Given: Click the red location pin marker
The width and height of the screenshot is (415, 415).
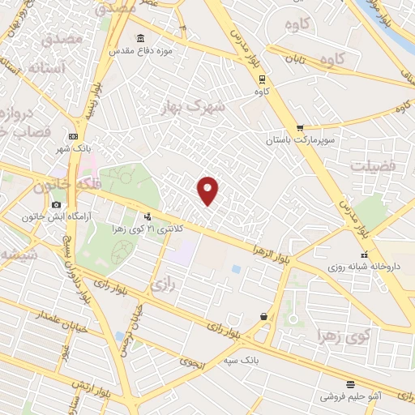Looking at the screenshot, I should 208,189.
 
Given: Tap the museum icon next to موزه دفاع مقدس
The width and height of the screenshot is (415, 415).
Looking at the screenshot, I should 141,39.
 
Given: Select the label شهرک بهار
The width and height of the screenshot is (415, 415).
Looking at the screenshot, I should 192,107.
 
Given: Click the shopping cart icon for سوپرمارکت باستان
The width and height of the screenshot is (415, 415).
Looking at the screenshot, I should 300,127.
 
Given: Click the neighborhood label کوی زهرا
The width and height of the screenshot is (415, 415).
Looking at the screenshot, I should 345,335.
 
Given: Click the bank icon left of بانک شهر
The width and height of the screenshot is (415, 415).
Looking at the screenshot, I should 74,136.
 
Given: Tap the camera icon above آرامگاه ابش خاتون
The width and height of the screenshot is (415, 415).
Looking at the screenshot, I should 56,204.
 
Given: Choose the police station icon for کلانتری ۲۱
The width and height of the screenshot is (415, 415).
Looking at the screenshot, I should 148,216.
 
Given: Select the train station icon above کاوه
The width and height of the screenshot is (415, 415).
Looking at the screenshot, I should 262,79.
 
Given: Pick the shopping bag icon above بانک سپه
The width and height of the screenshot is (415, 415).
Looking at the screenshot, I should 264,316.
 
